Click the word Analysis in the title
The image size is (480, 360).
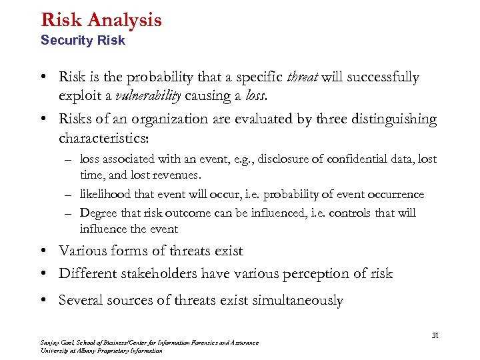coord(123,20)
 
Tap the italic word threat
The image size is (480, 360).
coord(302,77)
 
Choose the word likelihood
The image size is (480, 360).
coord(107,195)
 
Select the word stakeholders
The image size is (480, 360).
coord(166,273)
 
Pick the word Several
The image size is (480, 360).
coord(83,300)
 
